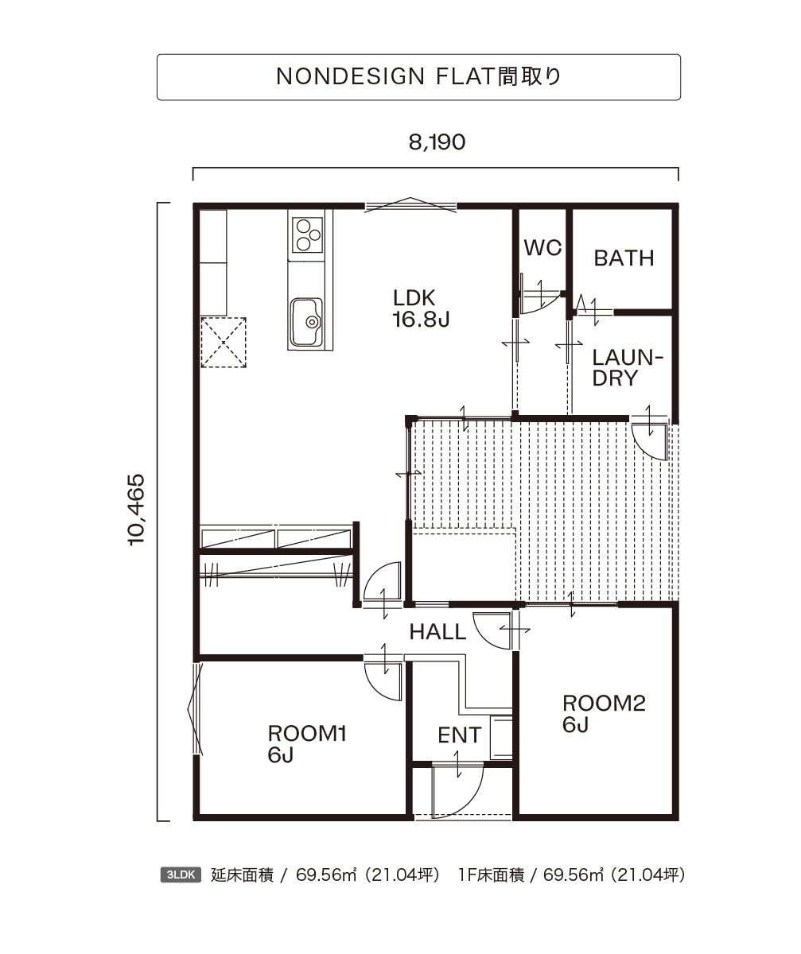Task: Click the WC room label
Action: [542, 247]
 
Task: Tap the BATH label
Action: [624, 258]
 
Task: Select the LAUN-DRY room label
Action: [628, 368]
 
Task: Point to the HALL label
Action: [437, 632]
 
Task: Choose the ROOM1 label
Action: [307, 734]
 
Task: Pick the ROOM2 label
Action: [604, 703]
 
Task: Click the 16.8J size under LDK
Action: [421, 320]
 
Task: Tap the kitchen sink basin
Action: [307, 322]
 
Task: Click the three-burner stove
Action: [307, 235]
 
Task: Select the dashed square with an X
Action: [224, 343]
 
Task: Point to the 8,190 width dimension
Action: [437, 142]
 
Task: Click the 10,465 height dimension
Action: [136, 510]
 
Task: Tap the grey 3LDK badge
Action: [181, 875]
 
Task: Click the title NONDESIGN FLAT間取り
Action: [418, 76]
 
